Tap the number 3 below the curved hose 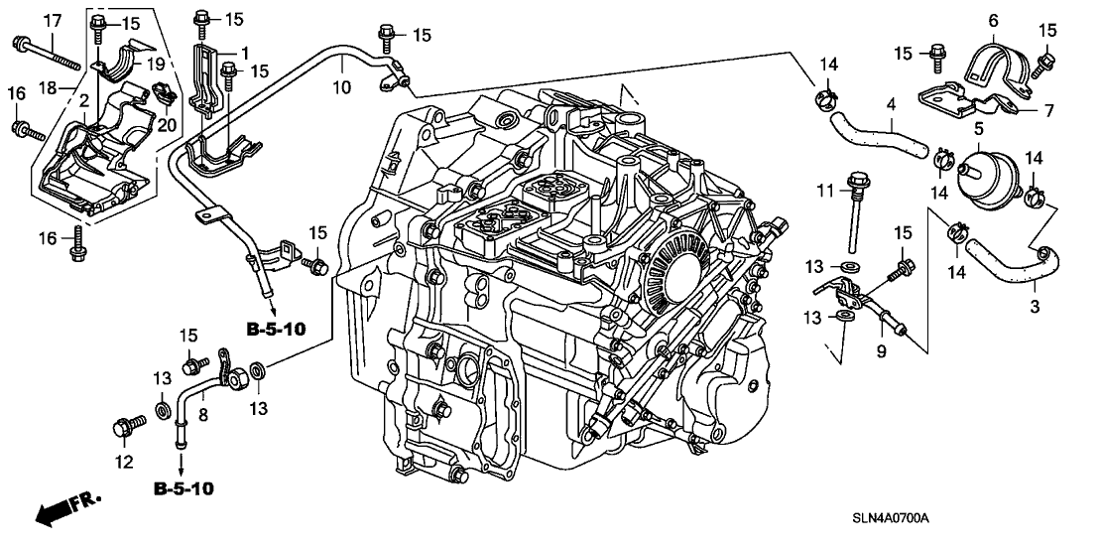(x=1034, y=307)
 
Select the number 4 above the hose (x=891, y=102)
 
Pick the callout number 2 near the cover (x=85, y=100)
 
